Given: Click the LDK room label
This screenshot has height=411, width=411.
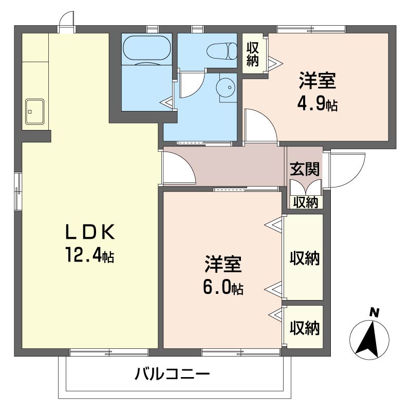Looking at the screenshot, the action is (90, 232).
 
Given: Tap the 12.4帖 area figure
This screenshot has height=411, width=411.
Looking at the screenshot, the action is (90, 255).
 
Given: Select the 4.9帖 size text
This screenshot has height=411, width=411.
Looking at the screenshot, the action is (317, 104).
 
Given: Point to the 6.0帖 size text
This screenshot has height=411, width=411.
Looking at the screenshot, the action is (223, 287).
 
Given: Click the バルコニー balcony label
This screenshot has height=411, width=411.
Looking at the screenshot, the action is (172, 374).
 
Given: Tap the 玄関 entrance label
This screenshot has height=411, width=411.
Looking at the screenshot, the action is (305, 169).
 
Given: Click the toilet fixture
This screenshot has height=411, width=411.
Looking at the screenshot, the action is (221, 50).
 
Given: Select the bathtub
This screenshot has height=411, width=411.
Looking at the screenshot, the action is (147, 49).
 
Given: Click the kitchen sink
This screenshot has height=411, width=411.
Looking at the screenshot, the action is (34, 111).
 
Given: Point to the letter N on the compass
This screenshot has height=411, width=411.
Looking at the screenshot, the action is (374, 313).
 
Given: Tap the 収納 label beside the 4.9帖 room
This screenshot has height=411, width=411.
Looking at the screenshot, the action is (252, 54).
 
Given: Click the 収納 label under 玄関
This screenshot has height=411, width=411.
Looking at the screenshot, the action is (306, 202).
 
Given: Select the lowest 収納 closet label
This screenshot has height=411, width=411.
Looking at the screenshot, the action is (305, 328).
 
